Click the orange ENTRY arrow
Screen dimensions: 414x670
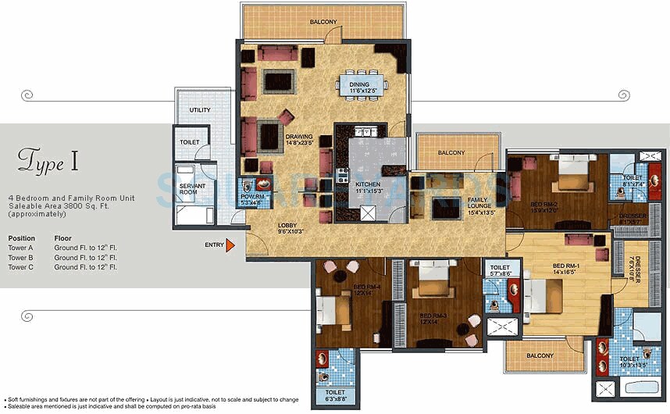(x=230, y=245)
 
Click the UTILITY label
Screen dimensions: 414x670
(x=200, y=110)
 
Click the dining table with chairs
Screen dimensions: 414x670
(x=359, y=84)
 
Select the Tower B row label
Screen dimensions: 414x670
(x=21, y=257)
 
